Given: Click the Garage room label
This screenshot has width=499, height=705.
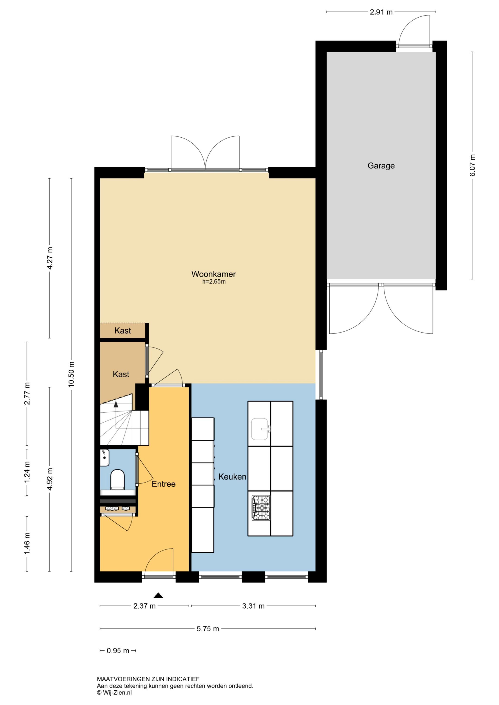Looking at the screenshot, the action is [381, 166].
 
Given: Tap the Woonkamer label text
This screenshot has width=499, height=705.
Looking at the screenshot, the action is [214, 274].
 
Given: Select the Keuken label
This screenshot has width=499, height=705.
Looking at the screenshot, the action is [232, 477].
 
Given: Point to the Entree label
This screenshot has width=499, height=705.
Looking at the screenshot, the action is [164, 484].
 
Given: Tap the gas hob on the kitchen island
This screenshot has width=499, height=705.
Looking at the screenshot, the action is [261, 508].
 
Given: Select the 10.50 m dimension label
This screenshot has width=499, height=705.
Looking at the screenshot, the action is [71, 374].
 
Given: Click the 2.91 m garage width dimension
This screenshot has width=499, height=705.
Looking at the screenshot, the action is [381, 12].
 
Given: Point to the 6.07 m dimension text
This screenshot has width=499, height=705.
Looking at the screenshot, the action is [473, 165].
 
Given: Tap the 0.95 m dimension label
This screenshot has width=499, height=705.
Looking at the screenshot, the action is [118, 651].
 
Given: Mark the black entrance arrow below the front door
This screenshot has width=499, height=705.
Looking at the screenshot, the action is [158, 595].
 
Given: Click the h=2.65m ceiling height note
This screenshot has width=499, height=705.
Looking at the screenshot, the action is [214, 282].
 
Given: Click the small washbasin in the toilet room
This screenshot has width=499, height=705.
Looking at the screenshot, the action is [104, 458].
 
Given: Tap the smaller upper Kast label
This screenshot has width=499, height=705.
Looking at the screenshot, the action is [123, 331].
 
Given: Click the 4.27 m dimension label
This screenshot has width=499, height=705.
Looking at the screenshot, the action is [49, 258].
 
